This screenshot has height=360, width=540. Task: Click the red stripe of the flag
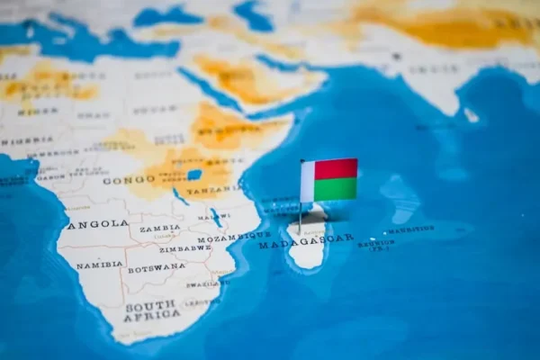(x=336, y=169)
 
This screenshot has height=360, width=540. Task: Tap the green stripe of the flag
(x=336, y=189)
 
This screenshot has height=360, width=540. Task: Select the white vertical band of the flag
(x=308, y=181)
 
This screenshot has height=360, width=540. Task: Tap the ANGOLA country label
(x=97, y=223)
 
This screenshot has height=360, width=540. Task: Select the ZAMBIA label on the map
(x=159, y=229)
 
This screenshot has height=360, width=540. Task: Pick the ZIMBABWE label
(x=184, y=247)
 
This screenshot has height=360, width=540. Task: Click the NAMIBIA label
(x=99, y=265)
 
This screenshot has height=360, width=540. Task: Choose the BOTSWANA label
(x=156, y=268)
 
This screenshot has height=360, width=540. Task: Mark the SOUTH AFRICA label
(x=150, y=311)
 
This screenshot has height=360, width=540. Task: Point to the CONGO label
(x=129, y=180)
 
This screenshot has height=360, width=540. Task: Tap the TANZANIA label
(x=212, y=190)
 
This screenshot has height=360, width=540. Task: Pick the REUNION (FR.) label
(x=376, y=244)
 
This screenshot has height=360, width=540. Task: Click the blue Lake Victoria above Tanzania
(x=194, y=174)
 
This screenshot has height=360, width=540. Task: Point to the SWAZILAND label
(x=203, y=284)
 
